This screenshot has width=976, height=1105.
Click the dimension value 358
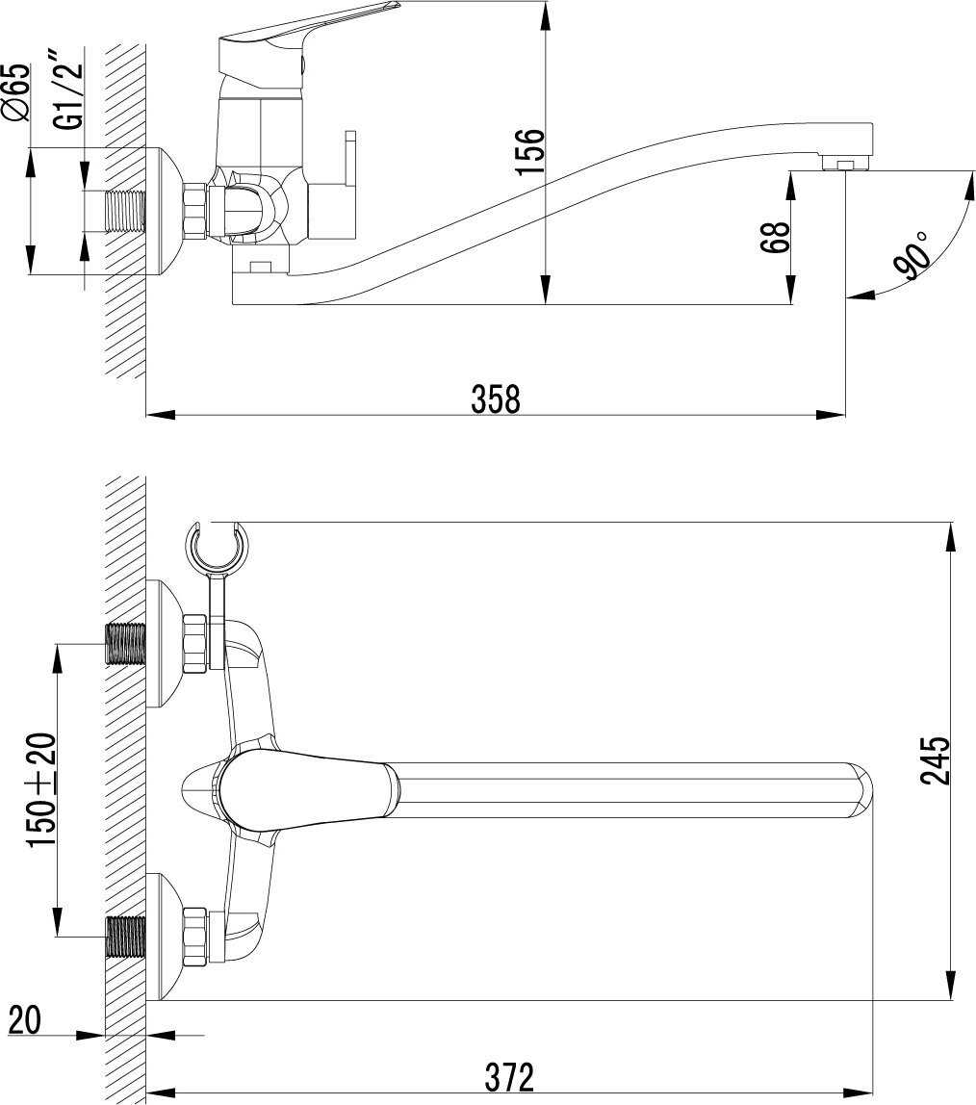495,398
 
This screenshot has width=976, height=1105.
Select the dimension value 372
509,1077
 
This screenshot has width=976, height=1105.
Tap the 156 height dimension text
530,152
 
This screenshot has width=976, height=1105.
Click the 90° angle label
912,254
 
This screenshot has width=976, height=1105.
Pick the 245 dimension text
936,761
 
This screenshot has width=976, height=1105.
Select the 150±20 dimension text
40,790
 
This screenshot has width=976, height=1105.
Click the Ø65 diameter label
17,92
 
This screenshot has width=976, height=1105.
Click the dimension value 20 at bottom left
24,1019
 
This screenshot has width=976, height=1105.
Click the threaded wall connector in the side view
125,211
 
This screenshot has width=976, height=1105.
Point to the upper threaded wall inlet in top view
125,643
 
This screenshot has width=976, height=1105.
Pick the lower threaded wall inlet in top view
125,937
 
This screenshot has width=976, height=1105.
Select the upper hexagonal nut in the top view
194,643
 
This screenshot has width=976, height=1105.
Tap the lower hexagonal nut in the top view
194,937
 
